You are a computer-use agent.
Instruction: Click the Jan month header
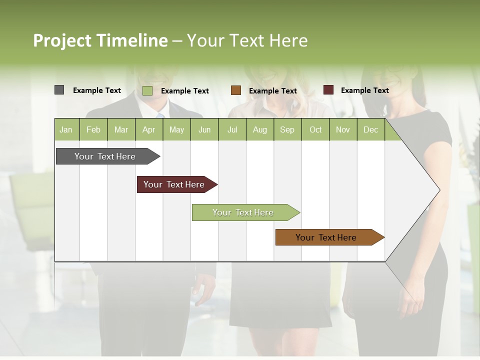(x=66, y=130)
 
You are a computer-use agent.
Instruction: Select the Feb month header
(x=93, y=130)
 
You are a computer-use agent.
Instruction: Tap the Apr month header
(x=148, y=130)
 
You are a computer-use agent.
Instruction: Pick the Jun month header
(x=204, y=130)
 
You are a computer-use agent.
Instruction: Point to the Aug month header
(x=259, y=130)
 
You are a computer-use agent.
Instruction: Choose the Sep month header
(x=287, y=130)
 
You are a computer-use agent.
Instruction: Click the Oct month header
(x=315, y=130)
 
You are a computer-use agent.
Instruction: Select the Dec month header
(x=370, y=130)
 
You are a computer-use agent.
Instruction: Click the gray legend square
(x=59, y=90)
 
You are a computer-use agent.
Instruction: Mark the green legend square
(x=147, y=90)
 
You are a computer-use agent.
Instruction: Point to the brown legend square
(x=236, y=90)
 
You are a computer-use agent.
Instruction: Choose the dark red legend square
(x=328, y=90)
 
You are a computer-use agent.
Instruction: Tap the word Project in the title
(x=62, y=40)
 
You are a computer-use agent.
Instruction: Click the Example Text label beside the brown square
(x=272, y=91)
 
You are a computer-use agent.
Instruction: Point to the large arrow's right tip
(x=439, y=190)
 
